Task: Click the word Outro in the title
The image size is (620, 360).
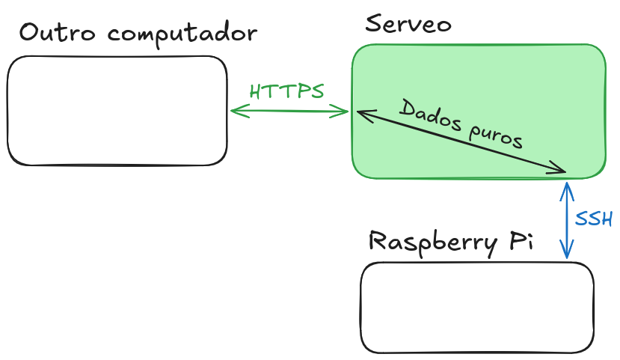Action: (58, 33)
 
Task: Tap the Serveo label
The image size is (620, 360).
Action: (408, 24)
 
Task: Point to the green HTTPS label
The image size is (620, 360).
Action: (286, 91)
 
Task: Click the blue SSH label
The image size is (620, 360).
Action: (594, 219)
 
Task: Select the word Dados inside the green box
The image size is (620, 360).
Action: (427, 115)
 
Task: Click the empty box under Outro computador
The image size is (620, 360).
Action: (117, 111)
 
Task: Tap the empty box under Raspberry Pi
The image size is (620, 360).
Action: (477, 308)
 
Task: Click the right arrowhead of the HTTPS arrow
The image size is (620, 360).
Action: (346, 112)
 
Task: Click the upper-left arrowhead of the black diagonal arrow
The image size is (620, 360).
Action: (360, 113)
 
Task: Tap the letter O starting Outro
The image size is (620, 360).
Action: (30, 33)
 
